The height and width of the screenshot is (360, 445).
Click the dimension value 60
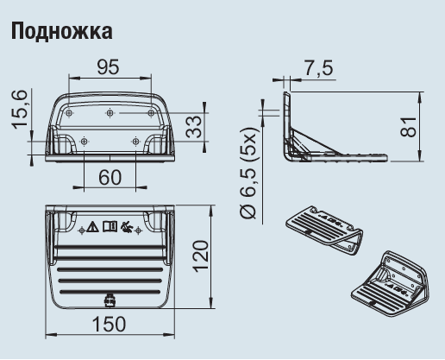click(110, 176)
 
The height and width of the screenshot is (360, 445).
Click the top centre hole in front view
click(110, 112)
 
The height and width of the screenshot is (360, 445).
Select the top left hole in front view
click(68, 112)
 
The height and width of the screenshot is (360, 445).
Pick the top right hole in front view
click(152, 112)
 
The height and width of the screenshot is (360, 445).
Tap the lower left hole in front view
click(84, 141)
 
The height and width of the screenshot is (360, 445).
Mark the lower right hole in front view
click(135, 141)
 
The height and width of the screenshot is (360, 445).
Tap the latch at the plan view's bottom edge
click(110, 301)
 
